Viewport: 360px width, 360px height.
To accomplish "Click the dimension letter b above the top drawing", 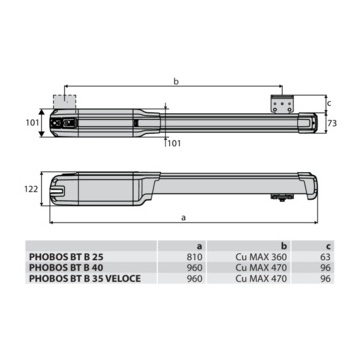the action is tap(176, 81).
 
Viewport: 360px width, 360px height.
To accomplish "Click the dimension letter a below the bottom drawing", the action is tap(183, 218).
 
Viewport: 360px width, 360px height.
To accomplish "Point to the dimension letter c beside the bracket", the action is tap(329, 103).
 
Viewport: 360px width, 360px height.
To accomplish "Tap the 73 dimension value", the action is tap(332, 123).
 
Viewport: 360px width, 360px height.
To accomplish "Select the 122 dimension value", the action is tap(31, 189).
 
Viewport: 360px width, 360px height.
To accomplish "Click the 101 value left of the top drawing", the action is tap(32, 123).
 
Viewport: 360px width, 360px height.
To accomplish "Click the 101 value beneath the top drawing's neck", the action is tap(174, 143).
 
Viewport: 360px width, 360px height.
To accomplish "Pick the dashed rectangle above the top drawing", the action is tap(65, 101).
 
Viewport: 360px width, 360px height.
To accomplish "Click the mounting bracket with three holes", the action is tap(283, 105).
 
